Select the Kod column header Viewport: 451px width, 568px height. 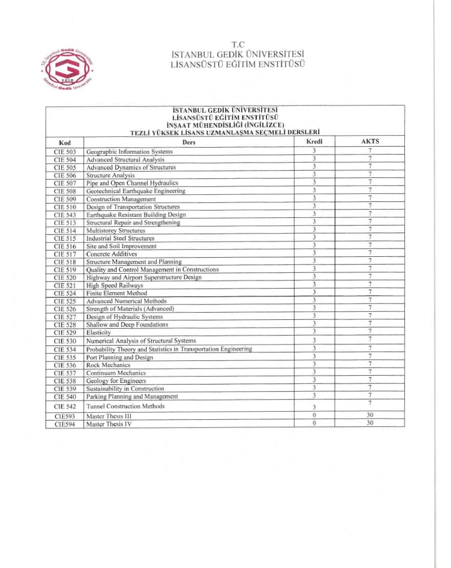65,142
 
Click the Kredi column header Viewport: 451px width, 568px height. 314,141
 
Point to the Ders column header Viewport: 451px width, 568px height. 189,142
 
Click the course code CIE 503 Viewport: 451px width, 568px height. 65,152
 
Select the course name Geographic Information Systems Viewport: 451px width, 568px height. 129,152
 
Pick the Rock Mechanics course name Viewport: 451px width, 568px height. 108,365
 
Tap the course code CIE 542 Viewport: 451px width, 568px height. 65,407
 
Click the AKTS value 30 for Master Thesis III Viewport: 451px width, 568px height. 370,416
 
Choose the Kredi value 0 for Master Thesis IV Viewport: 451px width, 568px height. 314,423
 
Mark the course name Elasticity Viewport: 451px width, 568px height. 98,333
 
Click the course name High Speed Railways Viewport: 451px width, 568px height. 115,286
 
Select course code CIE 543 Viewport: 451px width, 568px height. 65,215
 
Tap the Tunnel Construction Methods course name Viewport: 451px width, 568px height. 126,407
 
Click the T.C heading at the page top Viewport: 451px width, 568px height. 238,44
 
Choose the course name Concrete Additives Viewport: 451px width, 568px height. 112,254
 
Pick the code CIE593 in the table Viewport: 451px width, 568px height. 65,416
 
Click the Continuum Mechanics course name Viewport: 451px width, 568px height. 116,373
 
